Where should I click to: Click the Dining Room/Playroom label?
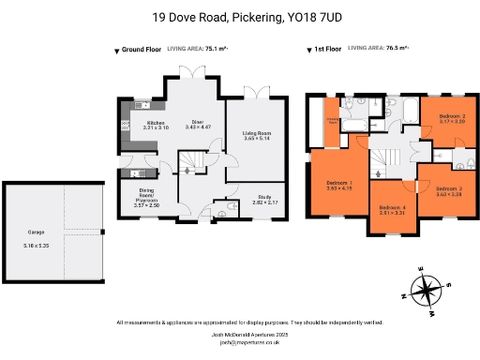pyautogui.click(x=147, y=195)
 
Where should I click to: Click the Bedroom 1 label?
pyautogui.click(x=338, y=182)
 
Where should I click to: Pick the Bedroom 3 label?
pyautogui.click(x=448, y=190)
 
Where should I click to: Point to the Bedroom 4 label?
pyautogui.click(x=392, y=207)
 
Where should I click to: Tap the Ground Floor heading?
pyautogui.click(x=141, y=50)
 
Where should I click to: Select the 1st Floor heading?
pyautogui.click(x=324, y=50)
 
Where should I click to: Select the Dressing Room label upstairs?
pyautogui.click(x=333, y=121)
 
